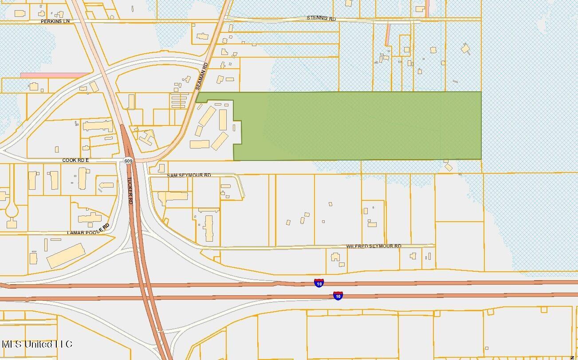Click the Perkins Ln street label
pyautogui.click(x=55, y=21)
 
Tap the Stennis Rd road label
pyautogui.click(x=322, y=18)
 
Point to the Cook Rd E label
pyautogui.click(x=75, y=160)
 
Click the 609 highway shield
pyautogui.click(x=128, y=160)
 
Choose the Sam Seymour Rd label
pyautogui.click(x=189, y=175)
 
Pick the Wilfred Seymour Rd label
pyautogui.click(x=374, y=246)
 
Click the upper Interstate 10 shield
pyautogui.click(x=319, y=283)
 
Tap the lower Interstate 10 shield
pyautogui.click(x=338, y=295)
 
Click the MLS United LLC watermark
pyautogui.click(x=37, y=344)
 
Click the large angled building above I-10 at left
pyautogui.click(x=66, y=255)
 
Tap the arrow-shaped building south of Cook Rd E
pyautogui.click(x=106, y=185)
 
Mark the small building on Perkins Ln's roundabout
pyautogui.click(x=112, y=17)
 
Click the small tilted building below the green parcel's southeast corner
pyautogui.click(x=448, y=167)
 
